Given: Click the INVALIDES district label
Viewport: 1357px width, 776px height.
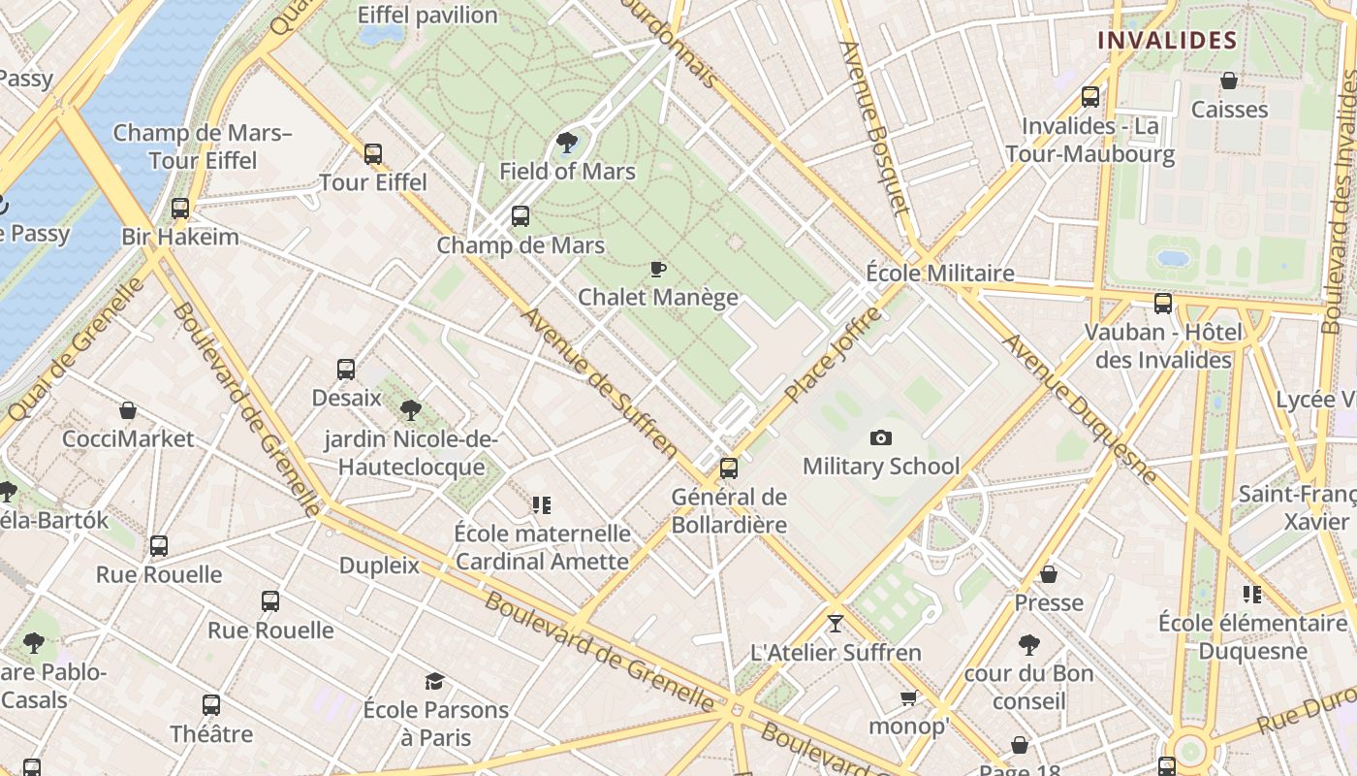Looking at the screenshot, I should (x=1167, y=40).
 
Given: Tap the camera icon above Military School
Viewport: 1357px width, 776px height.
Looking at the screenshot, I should (x=881, y=437).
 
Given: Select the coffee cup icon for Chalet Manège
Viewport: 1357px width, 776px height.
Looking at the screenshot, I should (x=658, y=269).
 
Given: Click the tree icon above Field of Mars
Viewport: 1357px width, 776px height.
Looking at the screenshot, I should (x=567, y=144).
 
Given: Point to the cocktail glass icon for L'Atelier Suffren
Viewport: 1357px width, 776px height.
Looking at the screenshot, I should (x=836, y=623).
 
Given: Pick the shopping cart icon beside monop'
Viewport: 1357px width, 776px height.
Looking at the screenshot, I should (x=908, y=698).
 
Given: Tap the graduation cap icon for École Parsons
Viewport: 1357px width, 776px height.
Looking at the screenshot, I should (x=435, y=682).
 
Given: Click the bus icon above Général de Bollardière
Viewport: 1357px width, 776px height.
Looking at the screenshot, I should (x=729, y=469).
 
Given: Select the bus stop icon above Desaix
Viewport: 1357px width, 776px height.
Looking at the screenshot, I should (x=346, y=370).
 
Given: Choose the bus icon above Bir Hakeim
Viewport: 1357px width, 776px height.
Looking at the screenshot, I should (x=180, y=209).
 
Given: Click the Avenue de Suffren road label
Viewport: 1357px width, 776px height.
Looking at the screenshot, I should (x=600, y=382).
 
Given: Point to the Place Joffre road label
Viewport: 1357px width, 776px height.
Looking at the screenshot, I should (x=834, y=355).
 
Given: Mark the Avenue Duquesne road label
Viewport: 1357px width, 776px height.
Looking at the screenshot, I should (x=1079, y=408).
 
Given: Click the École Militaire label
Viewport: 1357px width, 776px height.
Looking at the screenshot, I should (x=939, y=274).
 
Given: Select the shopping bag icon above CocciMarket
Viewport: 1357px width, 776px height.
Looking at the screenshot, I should (x=128, y=410).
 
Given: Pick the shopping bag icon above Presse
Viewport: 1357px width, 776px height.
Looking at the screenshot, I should (x=1049, y=574).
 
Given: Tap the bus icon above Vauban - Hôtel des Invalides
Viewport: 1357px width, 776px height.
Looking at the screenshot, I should (x=1163, y=304).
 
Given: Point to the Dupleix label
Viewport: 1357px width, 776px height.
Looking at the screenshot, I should (x=379, y=566).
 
